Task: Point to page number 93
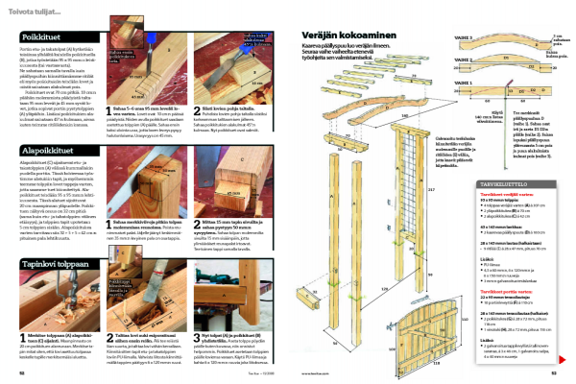(x=554, y=373)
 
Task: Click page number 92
(x=22, y=373)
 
